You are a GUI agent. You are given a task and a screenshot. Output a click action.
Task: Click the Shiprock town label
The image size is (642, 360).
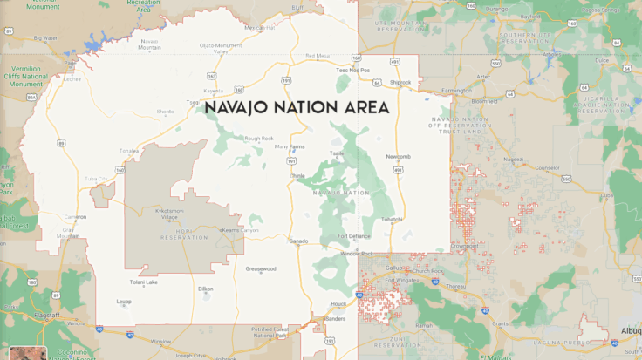coord(400,83)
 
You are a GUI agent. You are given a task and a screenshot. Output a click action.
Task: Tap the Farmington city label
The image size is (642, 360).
coord(456,90)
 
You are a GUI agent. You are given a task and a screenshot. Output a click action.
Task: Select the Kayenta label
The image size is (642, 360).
coord(214,90)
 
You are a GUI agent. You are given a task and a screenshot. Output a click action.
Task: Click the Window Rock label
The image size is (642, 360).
coord(356,254)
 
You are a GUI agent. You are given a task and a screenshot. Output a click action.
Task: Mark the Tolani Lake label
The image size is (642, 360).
coord(144,282)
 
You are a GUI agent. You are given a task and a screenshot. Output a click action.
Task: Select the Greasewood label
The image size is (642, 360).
coord(261,268)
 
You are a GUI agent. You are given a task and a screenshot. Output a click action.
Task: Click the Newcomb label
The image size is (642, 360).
coord(397,157)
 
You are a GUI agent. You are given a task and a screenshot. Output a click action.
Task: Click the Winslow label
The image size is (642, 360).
coord(161,341)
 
